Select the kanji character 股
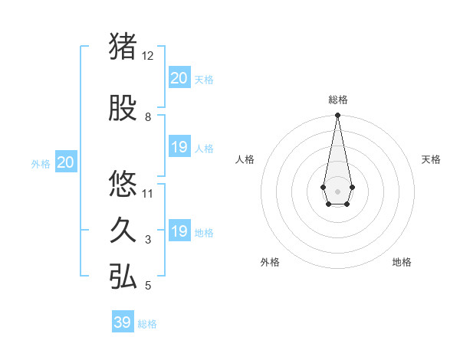click(x=123, y=110)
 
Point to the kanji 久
click(x=123, y=231)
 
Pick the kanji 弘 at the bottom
click(x=123, y=277)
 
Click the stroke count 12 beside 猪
click(x=148, y=56)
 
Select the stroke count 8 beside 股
click(x=148, y=117)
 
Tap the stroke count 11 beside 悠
click(x=148, y=193)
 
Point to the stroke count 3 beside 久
click(x=148, y=240)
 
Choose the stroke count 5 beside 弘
click(x=148, y=286)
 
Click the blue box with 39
click(x=123, y=322)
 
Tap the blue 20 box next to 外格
click(x=66, y=162)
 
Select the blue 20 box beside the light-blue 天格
click(x=179, y=78)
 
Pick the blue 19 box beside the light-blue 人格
click(x=179, y=147)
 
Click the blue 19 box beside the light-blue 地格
click(x=179, y=231)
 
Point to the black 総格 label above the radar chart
click(x=337, y=100)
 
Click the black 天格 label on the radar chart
click(x=431, y=159)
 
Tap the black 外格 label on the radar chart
click(x=270, y=262)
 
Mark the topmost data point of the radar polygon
click(x=337, y=116)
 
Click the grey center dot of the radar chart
click(x=337, y=190)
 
